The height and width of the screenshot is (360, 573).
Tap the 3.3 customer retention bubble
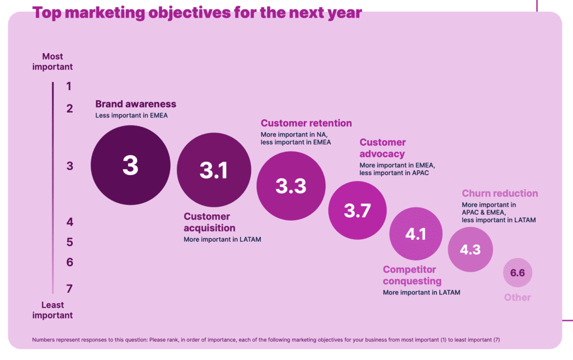pos(291,185)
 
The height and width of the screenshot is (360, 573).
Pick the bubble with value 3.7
pos(357,211)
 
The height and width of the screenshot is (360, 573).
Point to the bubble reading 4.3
pos(470,250)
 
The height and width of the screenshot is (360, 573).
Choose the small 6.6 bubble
pos(517,273)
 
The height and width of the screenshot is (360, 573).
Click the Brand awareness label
pos(135,104)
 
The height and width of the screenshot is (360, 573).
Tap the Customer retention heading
pos(306,123)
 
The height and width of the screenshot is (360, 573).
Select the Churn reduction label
pos(500,194)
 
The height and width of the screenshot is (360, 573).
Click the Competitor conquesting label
pos(412,275)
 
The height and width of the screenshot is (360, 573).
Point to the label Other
pos(517,297)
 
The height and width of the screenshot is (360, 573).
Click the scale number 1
pos(69,86)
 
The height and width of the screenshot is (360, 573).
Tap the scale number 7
pos(69,289)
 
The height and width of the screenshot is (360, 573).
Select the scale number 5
pos(69,242)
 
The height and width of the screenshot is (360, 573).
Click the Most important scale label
pos(53,62)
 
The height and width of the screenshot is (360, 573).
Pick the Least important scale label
pos(53,310)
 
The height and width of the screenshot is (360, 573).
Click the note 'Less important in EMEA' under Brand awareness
pos(131,116)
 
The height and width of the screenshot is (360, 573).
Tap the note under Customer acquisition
pos(222,240)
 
